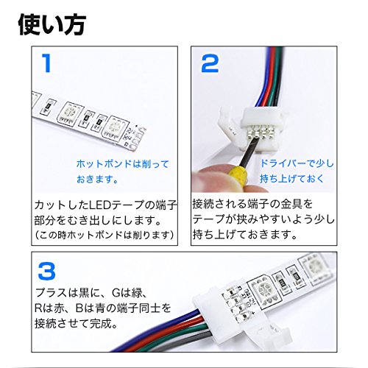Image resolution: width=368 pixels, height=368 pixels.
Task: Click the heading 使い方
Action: click(52, 24)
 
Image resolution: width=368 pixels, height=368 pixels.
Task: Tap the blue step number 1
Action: click(46, 63)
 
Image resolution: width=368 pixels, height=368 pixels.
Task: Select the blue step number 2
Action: click(210, 63)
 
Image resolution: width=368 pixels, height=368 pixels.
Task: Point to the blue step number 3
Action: click(46, 271)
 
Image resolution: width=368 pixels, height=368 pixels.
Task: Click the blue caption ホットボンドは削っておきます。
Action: click(123, 171)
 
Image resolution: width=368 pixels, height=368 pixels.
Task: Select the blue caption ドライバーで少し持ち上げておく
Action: click(297, 171)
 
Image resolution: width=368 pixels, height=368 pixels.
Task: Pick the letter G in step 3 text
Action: click(116, 292)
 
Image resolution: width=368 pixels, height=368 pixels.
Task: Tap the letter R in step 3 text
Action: click(38, 308)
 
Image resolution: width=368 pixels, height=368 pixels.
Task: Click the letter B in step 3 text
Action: click(79, 308)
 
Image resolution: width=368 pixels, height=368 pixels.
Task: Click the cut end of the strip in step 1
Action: click(138, 138)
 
